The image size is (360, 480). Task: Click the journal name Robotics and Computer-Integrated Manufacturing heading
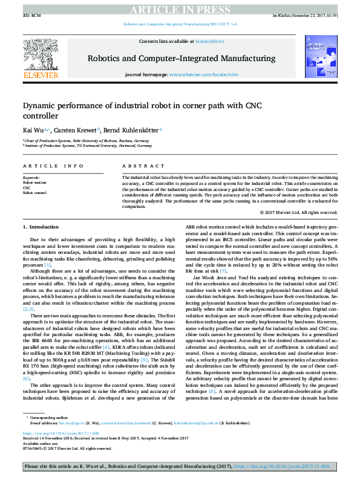click(x=182, y=59)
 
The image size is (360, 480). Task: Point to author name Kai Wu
click(x=33, y=129)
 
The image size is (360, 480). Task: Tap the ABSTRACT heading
click(x=140, y=166)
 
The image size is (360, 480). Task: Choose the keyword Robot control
click(x=34, y=193)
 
